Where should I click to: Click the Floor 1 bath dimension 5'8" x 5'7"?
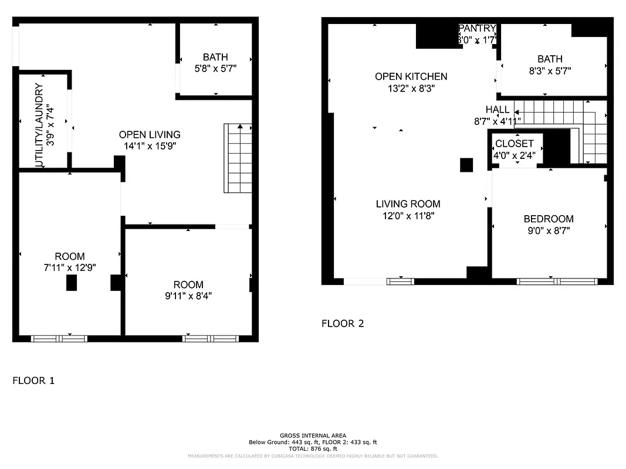click(215, 68)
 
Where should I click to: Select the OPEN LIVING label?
click(150, 135)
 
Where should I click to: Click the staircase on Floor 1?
click(238, 158)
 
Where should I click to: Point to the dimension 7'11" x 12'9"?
click(70, 267)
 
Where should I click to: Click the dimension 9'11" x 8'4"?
click(188, 296)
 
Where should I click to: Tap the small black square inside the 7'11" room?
click(72, 283)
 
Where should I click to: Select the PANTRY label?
click(478, 29)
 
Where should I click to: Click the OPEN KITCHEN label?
click(411, 77)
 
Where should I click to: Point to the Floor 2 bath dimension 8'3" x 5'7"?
click(550, 70)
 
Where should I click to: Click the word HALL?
click(498, 110)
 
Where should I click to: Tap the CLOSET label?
click(514, 144)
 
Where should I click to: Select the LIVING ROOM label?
click(408, 204)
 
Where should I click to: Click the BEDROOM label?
click(548, 219)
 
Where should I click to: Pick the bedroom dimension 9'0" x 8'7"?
click(548, 231)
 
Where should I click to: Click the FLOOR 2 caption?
click(343, 324)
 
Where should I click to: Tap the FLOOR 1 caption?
click(33, 381)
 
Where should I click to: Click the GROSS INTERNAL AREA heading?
click(313, 436)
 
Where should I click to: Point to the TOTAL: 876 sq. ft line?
click(313, 448)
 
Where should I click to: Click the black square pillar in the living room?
click(466, 165)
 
